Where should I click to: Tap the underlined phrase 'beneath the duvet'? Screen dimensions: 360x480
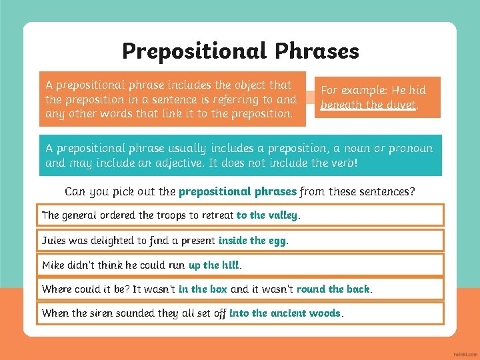[368, 105]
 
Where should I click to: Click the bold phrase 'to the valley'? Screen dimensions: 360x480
[268, 215]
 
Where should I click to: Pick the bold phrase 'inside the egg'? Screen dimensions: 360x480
[253, 240]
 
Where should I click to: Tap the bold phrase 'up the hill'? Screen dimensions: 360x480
[213, 265]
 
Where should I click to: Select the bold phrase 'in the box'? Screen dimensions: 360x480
[203, 289]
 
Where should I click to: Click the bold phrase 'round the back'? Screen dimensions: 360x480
[333, 289]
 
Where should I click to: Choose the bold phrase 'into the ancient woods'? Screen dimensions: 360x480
[285, 313]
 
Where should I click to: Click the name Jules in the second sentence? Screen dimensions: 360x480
[54, 240]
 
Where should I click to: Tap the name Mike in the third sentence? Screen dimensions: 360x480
[53, 265]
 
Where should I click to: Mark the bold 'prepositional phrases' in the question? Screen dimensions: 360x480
[237, 191]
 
